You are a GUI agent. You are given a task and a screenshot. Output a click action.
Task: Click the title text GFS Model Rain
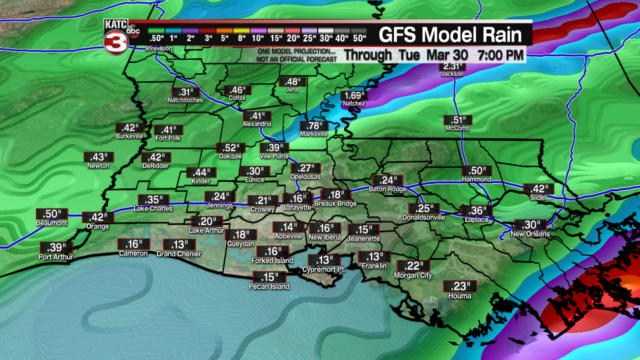[450, 35]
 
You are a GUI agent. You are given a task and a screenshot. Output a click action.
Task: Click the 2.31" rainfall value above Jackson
[452, 66]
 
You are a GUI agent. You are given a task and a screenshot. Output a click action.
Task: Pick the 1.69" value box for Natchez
[354, 95]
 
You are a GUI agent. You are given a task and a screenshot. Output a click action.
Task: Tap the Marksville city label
[313, 134]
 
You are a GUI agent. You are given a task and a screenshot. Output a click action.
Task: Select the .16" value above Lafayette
[297, 198]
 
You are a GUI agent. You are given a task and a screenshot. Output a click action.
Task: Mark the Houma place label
[459, 295]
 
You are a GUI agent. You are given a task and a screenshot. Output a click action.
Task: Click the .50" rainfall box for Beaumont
[51, 214]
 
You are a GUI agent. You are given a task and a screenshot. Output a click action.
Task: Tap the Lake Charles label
[153, 208]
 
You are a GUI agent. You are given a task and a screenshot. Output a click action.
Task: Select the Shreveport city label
[158, 48]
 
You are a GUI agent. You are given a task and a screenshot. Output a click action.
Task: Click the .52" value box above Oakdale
[230, 148]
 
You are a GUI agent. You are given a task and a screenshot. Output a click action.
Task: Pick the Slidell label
[538, 197]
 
